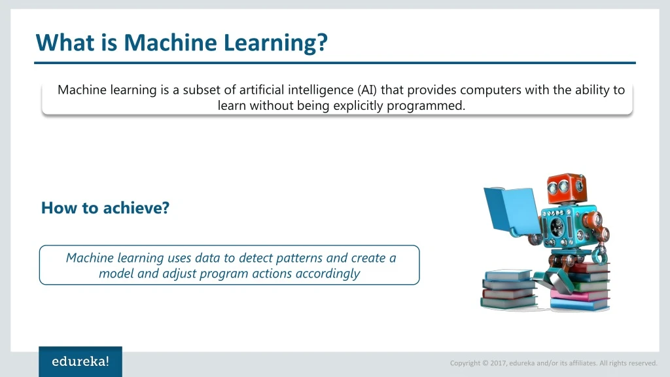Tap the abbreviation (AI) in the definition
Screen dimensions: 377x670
click(367, 90)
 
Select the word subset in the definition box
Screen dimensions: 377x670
click(202, 90)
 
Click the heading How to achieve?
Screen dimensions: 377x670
click(105, 208)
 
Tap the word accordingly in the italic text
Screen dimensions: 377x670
click(327, 274)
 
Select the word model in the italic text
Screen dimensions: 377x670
click(116, 274)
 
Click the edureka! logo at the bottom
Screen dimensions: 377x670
click(80, 361)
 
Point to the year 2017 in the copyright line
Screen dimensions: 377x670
click(499, 363)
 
